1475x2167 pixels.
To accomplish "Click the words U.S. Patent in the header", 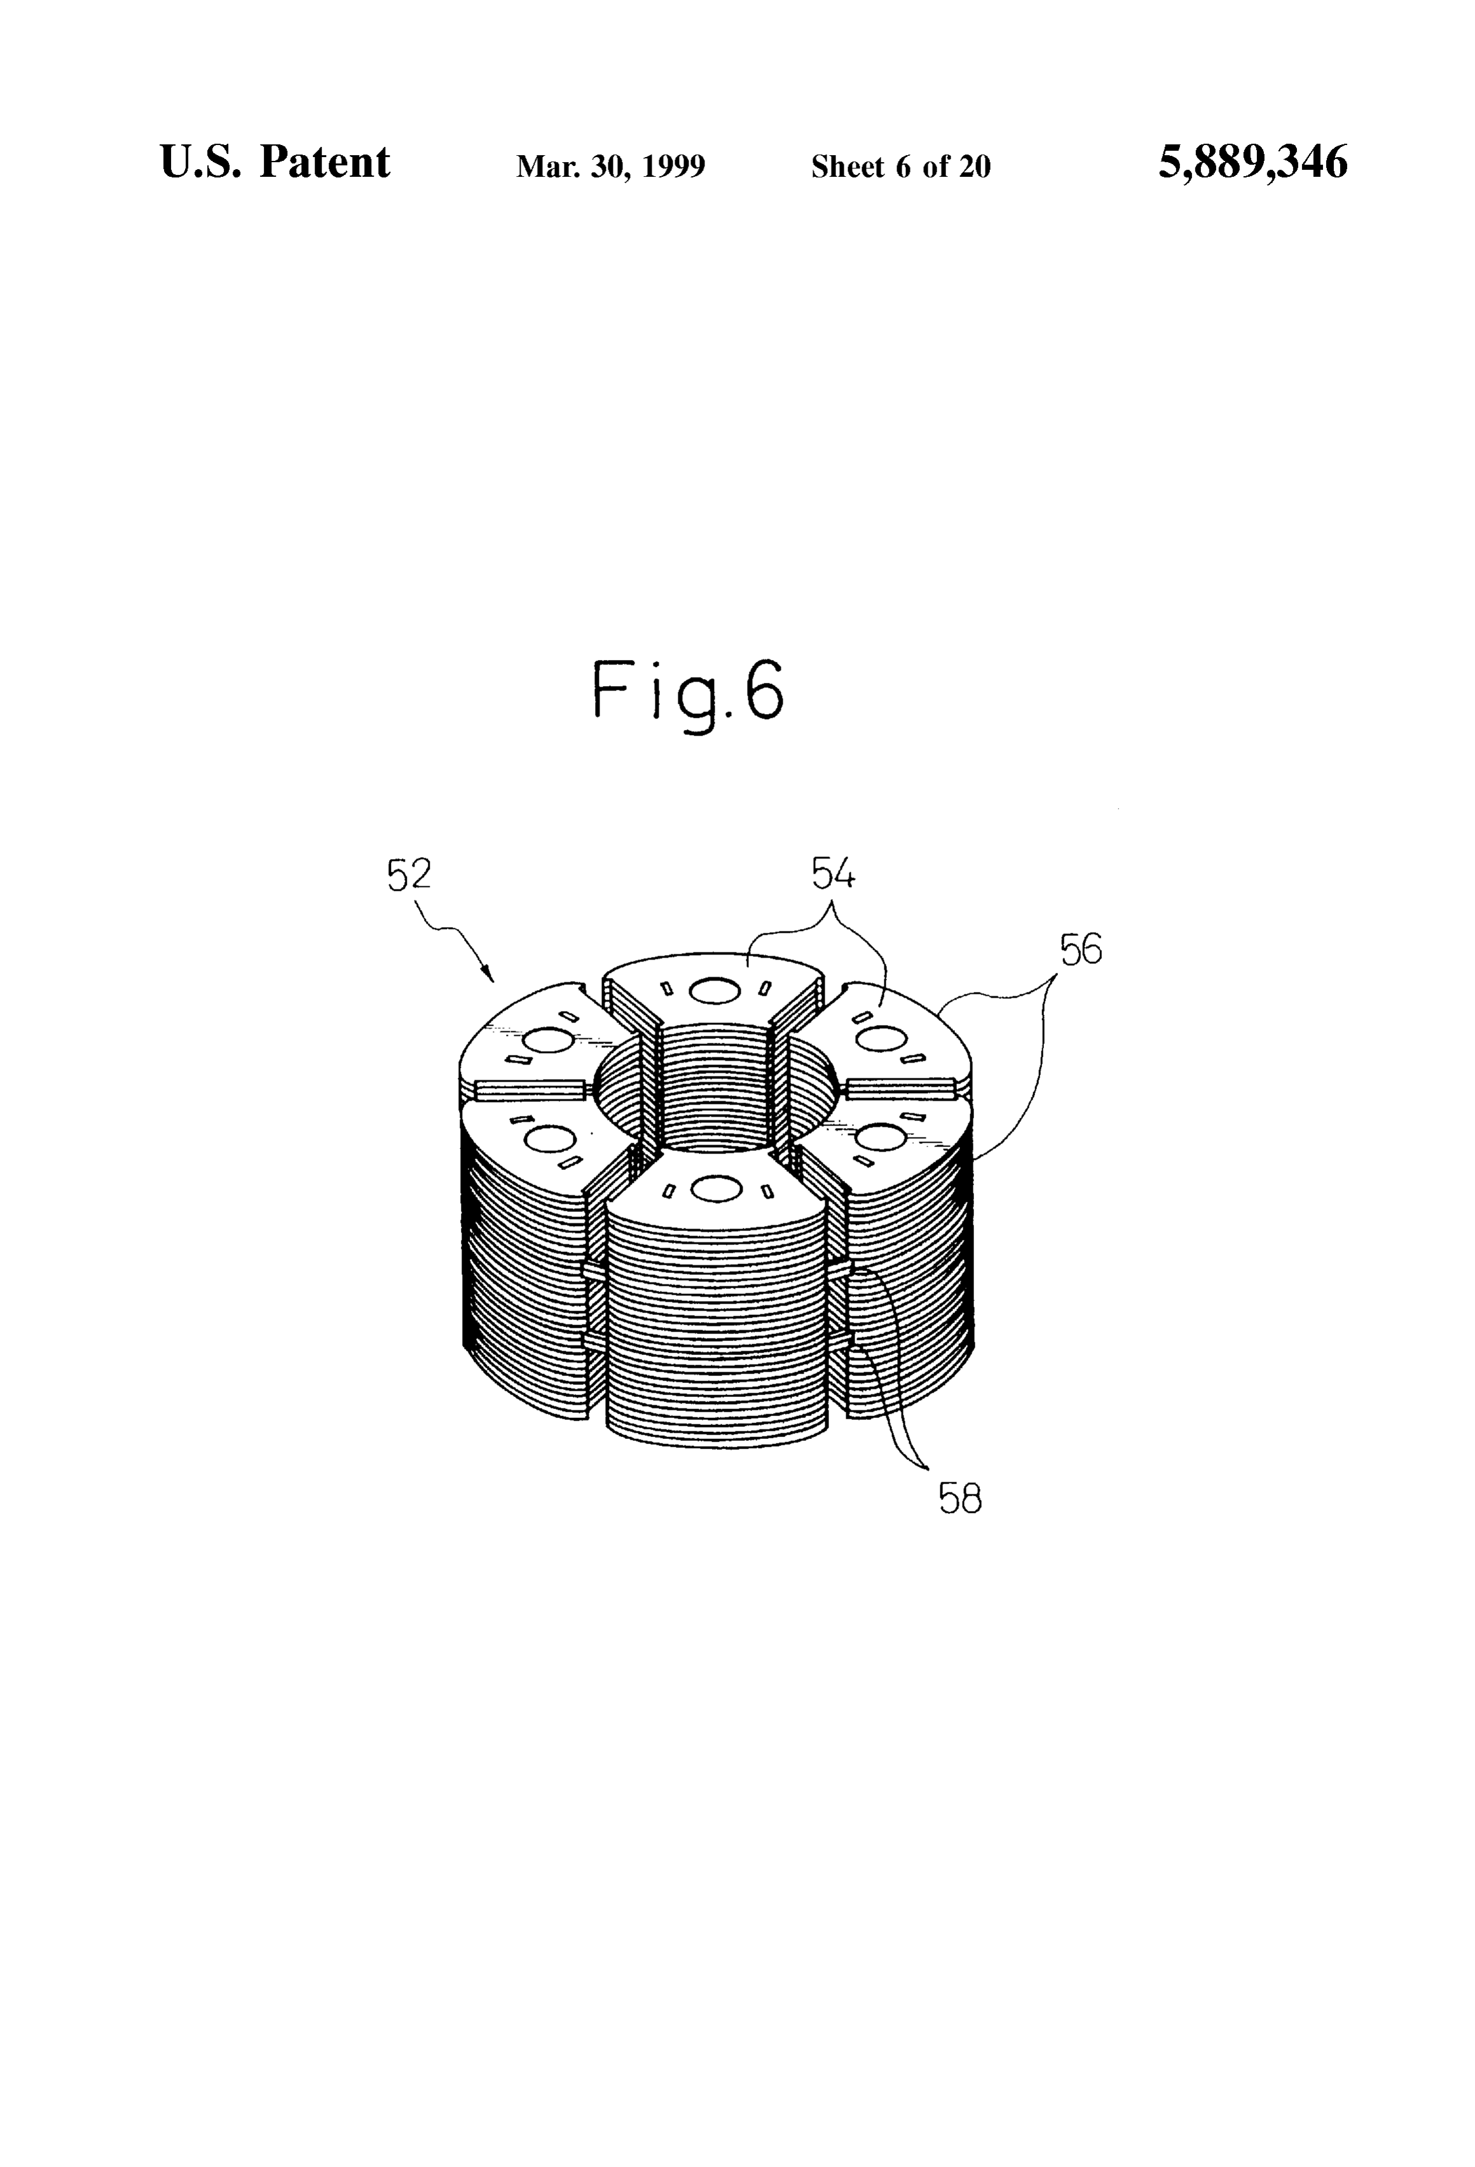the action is tap(275, 162).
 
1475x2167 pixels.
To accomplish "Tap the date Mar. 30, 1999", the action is tap(611, 167).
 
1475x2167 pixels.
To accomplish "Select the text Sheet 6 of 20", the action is tap(901, 167).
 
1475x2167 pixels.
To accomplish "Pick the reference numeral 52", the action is tap(409, 875).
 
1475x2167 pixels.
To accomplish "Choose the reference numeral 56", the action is tap(1081, 949).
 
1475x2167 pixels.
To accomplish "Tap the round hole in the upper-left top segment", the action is tap(550, 1039).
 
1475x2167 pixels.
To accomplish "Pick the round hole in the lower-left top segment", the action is tap(550, 1138).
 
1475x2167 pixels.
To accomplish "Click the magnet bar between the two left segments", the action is tap(530, 1088).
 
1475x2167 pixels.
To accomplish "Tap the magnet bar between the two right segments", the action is tap(901, 1086).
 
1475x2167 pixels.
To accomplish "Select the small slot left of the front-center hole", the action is tap(668, 1192).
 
